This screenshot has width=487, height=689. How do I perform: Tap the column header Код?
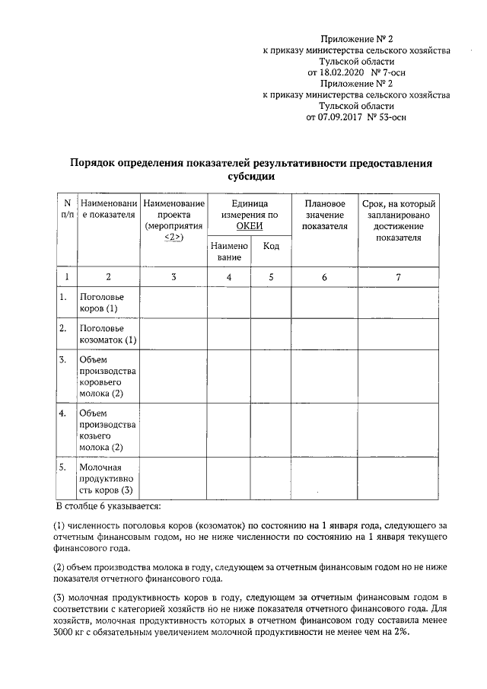(271, 246)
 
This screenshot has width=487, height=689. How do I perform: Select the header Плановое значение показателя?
(324, 215)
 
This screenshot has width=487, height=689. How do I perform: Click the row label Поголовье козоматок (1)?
(107, 333)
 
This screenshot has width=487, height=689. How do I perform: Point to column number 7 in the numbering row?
(398, 277)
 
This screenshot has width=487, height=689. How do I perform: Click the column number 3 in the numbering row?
(173, 277)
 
